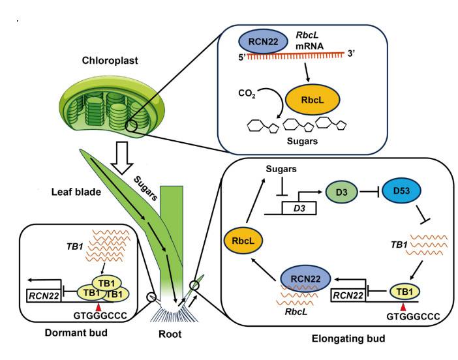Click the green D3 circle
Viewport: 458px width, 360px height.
coord(339,192)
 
